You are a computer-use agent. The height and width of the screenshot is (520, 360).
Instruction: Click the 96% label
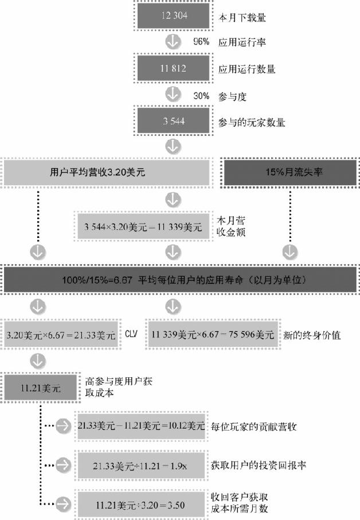tap(201, 42)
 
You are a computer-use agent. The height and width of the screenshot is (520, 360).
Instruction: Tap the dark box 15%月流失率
tap(290, 172)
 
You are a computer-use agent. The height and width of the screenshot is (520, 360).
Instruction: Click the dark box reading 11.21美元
tap(40, 388)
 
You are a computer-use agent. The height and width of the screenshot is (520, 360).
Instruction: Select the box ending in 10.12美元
tap(141, 426)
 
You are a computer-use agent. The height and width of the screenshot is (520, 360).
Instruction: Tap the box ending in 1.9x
tap(141, 465)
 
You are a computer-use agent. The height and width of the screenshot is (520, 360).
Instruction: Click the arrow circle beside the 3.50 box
tap(65, 504)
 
